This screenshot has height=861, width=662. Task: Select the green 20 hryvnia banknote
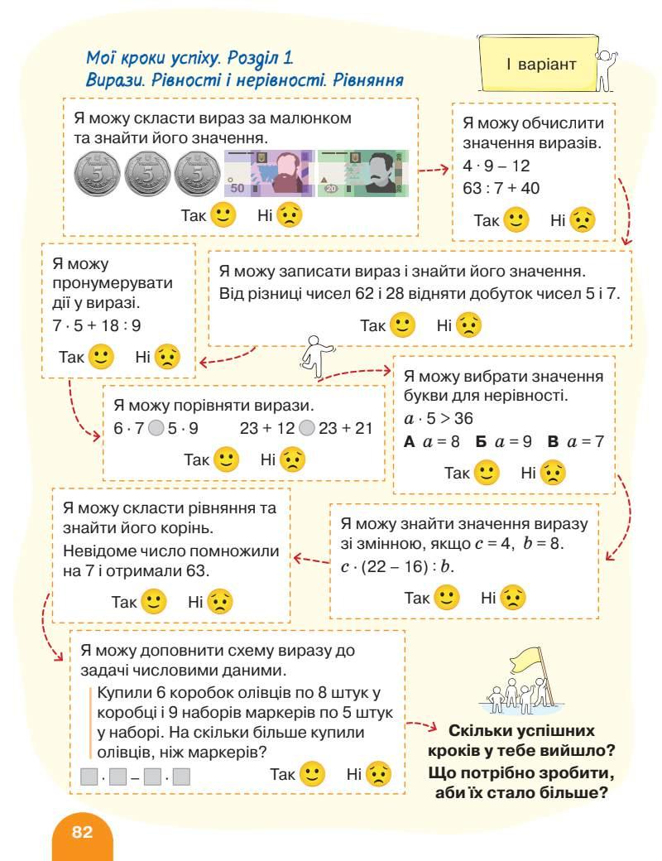[364, 173]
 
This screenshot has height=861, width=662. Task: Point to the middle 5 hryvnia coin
[147, 174]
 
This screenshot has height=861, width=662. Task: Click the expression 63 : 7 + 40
[501, 189]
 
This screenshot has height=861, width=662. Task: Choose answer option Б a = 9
[505, 442]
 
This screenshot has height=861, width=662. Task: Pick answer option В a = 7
[576, 442]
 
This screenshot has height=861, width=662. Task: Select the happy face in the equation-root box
[154, 601]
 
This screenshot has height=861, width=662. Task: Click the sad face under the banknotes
[290, 215]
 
